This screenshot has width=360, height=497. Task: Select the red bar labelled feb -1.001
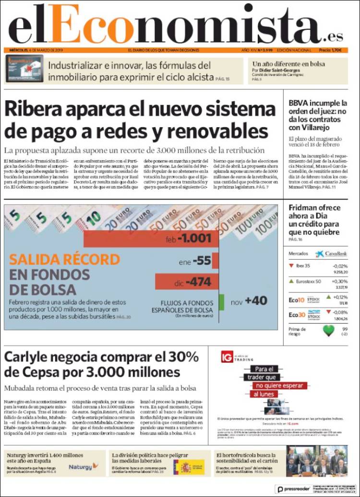[x=151, y=238]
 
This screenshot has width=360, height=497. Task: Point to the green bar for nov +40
[x=222, y=301]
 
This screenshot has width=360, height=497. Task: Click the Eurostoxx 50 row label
[x=308, y=281]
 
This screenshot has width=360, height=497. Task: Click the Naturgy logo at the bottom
[x=84, y=466]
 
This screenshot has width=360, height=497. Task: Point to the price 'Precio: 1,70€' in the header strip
[x=330, y=50]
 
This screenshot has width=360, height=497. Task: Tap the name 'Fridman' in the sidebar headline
[x=305, y=208]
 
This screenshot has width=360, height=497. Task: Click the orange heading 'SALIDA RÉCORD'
[x=65, y=260]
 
